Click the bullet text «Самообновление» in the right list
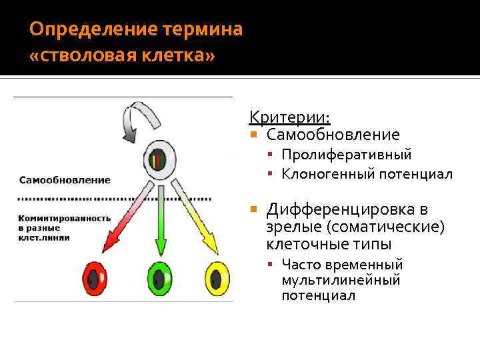point(333,135)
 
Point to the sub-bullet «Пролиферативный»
point(346,155)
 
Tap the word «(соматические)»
point(393,227)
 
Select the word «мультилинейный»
point(341,280)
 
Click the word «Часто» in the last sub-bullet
point(300,265)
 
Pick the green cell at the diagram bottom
point(159,277)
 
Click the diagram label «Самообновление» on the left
point(64,180)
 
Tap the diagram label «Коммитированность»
point(64,218)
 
